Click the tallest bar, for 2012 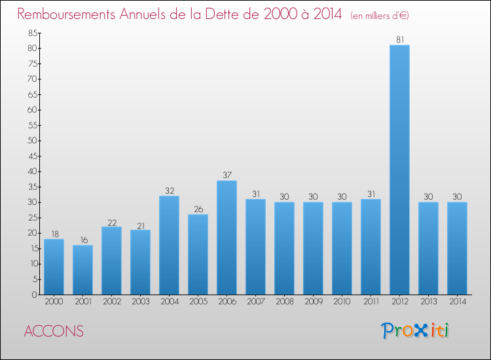399,170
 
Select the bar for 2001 82,270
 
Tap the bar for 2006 227,238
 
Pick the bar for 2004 169,245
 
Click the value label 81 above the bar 400,39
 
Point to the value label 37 227,175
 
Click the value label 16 84,240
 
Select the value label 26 198,209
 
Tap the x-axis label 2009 314,302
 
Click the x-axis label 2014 458,302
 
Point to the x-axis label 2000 54,302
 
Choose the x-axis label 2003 141,302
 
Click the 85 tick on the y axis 33,33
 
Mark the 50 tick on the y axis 33,141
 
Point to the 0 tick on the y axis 35,295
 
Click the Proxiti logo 415,331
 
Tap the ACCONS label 54,331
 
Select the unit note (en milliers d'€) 380,15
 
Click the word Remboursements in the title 66,14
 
